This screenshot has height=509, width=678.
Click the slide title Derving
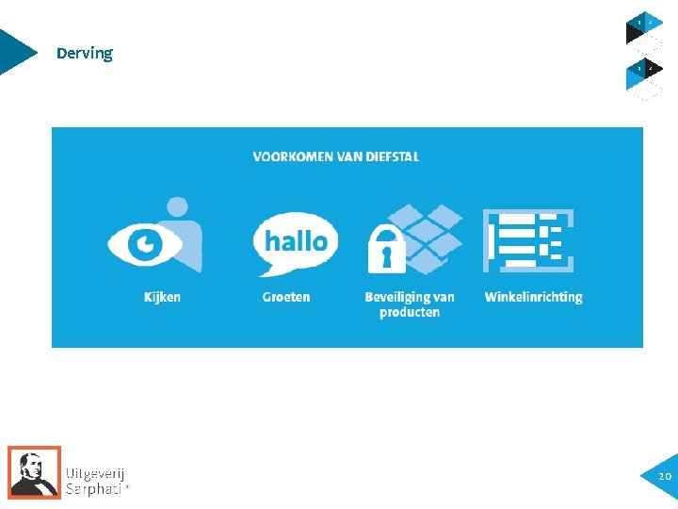pyautogui.click(x=84, y=54)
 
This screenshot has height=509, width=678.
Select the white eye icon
pyautogui.click(x=144, y=245)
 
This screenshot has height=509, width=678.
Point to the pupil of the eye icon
pyautogui.click(x=145, y=245)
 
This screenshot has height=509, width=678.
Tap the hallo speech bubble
pyautogui.click(x=295, y=241)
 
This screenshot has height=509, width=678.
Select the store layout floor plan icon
pyautogui.click(x=527, y=240)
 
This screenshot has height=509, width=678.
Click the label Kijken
pyautogui.click(x=162, y=297)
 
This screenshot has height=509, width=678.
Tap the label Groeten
pyautogui.click(x=286, y=297)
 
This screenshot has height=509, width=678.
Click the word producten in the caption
pyautogui.click(x=410, y=312)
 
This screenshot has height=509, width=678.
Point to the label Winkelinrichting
pyautogui.click(x=533, y=297)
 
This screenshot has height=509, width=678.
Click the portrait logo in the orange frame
pyautogui.click(x=34, y=471)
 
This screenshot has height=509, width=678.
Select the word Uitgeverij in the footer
pyautogui.click(x=95, y=473)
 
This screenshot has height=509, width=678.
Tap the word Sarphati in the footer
pyautogui.click(x=93, y=488)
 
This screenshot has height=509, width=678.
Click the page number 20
pyautogui.click(x=664, y=477)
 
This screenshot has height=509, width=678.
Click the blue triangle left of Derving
pyautogui.click(x=16, y=52)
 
